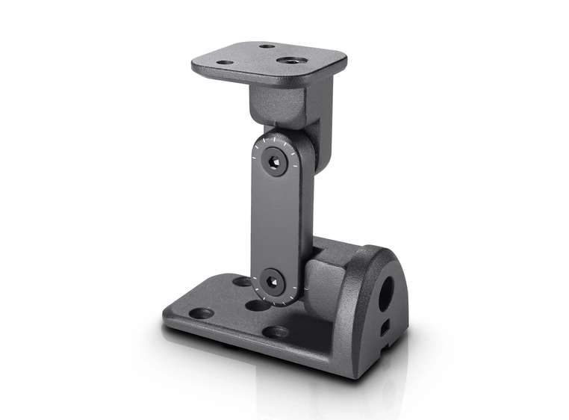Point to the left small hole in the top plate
pos(225,62)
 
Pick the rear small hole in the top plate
pos(267,46)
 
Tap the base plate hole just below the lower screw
pos(258,305)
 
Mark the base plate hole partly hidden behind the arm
pos(242,282)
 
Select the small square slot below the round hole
pos(384,327)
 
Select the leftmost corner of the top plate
pos(193,66)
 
